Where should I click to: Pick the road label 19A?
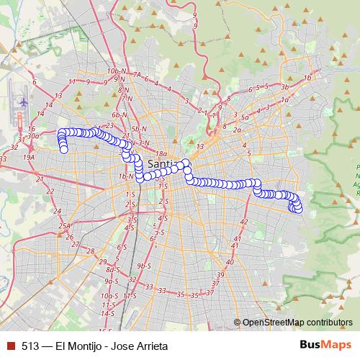(x=29, y=156)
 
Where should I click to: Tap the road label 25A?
(x=65, y=227)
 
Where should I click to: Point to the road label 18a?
(x=161, y=153)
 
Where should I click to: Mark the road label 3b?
(x=284, y=87)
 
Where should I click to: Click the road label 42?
(x=243, y=221)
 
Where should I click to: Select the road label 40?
(x=230, y=262)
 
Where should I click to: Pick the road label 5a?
(x=245, y=117)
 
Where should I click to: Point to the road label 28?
(x=91, y=251)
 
